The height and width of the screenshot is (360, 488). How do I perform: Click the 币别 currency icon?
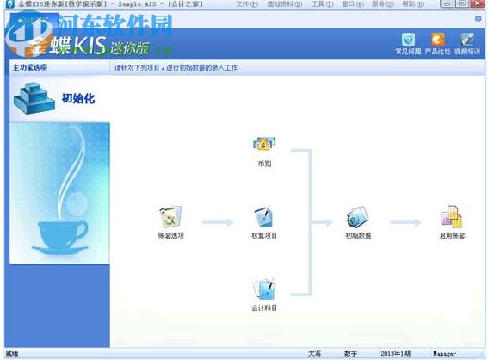click(x=263, y=145)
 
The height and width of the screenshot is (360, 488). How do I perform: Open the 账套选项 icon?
click(x=170, y=217)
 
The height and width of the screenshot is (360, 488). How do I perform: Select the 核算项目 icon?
click(x=263, y=217)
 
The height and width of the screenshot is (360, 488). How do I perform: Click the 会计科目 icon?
click(x=263, y=289)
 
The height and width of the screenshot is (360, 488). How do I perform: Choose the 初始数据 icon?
click(x=358, y=217)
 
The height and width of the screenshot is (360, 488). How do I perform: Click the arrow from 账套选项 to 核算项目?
click(x=218, y=223)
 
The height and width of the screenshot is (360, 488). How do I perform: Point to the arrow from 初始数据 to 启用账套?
click(x=405, y=223)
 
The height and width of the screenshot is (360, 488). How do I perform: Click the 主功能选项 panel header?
click(x=31, y=66)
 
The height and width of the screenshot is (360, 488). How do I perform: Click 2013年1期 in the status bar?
click(x=397, y=353)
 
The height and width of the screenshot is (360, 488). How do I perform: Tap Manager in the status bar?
click(x=444, y=353)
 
